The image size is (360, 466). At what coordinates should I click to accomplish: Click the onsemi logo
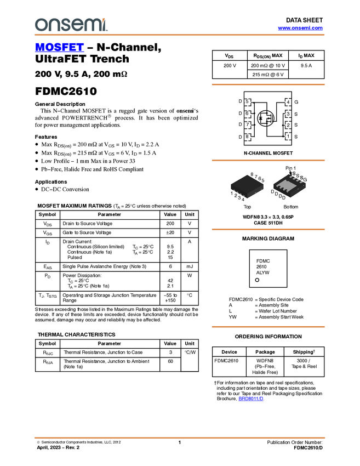coord(71,25)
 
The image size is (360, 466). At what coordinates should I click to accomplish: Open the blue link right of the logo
coord(300,28)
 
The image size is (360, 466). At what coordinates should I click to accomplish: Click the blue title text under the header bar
coord(59,47)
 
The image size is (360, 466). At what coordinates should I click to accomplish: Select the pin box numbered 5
coord(247,102)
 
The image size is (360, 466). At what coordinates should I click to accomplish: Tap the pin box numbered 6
coord(247,113)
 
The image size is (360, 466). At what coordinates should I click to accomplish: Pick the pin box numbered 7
coord(247,125)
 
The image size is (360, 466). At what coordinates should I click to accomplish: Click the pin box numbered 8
coord(247,137)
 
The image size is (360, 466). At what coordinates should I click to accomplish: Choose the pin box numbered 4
coord(288,102)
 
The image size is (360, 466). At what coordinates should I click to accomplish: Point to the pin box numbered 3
coord(288,113)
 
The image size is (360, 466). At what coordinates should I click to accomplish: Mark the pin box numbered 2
coord(288,125)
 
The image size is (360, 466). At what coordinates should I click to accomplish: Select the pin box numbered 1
coord(288,137)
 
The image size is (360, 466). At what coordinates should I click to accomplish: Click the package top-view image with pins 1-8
coord(247,186)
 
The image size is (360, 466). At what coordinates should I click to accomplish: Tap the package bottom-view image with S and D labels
coord(289,186)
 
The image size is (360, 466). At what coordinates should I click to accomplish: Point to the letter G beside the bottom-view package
coord(305,180)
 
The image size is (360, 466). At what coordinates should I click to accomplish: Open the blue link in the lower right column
coord(251,399)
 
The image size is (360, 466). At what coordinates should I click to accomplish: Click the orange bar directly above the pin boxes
coord(268,84)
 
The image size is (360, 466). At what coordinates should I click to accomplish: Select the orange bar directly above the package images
coord(268,160)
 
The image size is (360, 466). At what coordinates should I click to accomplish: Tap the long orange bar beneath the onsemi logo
coord(179,35)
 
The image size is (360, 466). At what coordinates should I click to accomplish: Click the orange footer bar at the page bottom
coord(179,437)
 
